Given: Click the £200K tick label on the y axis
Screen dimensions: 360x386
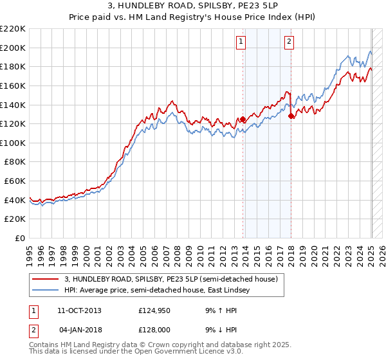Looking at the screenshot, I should (x=13, y=48).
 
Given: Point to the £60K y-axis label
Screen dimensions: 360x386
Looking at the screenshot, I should (x=15, y=181).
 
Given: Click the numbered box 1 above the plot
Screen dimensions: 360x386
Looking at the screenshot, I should (x=241, y=42).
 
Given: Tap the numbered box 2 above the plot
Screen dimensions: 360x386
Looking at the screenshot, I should (x=289, y=42).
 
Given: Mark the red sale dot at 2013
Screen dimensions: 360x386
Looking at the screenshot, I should (x=243, y=119).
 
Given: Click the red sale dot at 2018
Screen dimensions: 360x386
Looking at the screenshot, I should (x=291, y=116).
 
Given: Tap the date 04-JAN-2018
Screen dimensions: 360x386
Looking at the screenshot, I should (x=79, y=329).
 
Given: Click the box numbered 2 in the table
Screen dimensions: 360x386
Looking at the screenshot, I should (x=34, y=329).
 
